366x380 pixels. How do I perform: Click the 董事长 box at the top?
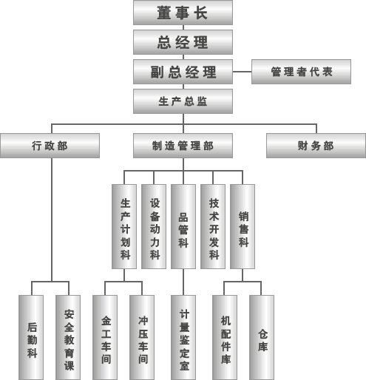183,13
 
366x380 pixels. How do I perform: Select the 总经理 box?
183,42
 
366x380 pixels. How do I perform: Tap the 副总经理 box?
183,72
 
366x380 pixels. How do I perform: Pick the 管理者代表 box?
301,72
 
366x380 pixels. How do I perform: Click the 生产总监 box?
183,101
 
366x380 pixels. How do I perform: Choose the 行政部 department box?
50,146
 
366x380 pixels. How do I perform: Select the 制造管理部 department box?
183,146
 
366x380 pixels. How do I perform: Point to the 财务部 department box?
316,146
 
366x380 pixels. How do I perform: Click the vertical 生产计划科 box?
124,226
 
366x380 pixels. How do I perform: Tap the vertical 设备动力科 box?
154,226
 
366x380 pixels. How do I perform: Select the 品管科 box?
183,226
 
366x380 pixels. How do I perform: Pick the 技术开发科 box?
213,226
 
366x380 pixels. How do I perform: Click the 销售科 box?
243,226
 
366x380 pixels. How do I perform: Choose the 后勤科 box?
31,337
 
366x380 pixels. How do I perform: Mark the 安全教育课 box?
68,337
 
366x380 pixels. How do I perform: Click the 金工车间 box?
105,337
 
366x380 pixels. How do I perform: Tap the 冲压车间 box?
142,337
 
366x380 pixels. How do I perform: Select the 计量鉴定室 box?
183,337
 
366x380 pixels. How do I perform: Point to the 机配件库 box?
225,337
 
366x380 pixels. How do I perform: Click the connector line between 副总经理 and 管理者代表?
242,72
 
